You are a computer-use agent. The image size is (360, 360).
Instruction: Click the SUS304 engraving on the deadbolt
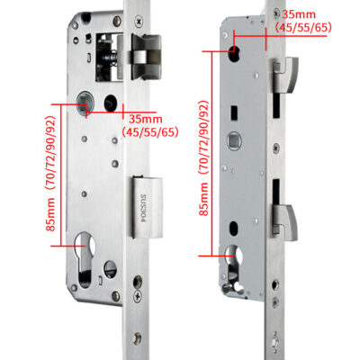[x=143, y=209]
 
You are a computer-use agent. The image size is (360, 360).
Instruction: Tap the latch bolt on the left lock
[x=146, y=57]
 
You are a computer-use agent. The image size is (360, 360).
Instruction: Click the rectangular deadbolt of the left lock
[x=147, y=208]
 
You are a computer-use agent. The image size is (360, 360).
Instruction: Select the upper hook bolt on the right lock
[x=284, y=75]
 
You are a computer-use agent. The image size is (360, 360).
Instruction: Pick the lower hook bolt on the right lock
[x=284, y=222]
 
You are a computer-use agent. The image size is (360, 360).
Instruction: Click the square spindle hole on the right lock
[x=233, y=140]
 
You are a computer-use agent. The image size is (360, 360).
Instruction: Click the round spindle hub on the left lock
[x=84, y=103]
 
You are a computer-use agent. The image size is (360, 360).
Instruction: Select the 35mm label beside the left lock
[x=146, y=119]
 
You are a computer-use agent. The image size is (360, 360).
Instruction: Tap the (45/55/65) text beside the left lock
[x=150, y=132]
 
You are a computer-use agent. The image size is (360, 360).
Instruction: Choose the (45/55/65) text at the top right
[x=303, y=28]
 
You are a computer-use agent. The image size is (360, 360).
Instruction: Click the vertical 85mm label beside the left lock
[x=51, y=213]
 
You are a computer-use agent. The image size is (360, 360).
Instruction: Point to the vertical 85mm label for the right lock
[x=203, y=199]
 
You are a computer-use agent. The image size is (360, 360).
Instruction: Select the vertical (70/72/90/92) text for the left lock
[x=50, y=152]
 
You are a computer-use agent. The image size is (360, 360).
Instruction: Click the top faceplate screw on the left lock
[x=139, y=21]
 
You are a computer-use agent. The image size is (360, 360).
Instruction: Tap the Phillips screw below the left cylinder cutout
[x=138, y=297]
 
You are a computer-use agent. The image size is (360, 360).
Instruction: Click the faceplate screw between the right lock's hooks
[x=275, y=147]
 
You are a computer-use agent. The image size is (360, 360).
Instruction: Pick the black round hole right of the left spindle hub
[x=111, y=103]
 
